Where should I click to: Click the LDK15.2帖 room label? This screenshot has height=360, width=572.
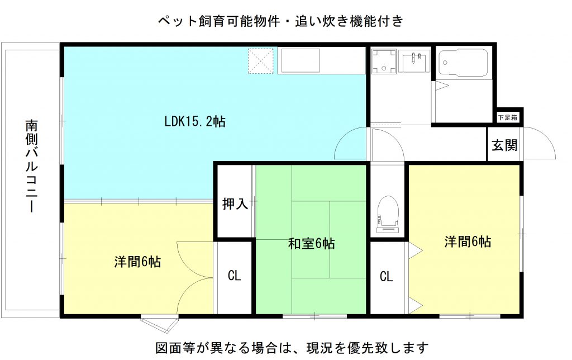195,121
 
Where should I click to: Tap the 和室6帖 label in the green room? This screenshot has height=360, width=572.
311,244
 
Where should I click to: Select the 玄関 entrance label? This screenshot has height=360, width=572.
504,145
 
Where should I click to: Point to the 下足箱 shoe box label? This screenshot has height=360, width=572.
507,117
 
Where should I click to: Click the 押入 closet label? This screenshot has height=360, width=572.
235,203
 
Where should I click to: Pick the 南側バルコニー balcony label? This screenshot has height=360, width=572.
32,166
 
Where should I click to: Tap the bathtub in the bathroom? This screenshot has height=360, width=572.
463,63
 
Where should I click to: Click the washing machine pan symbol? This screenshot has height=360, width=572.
384,61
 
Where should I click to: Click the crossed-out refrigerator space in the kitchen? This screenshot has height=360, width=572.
260,61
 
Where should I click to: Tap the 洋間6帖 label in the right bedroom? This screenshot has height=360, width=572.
468,241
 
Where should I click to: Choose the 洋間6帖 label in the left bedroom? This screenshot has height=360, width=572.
137,262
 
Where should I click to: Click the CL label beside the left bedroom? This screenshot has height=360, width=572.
234,275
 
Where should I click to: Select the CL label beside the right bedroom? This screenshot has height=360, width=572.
387,276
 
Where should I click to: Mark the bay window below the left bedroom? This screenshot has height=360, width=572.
160,323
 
